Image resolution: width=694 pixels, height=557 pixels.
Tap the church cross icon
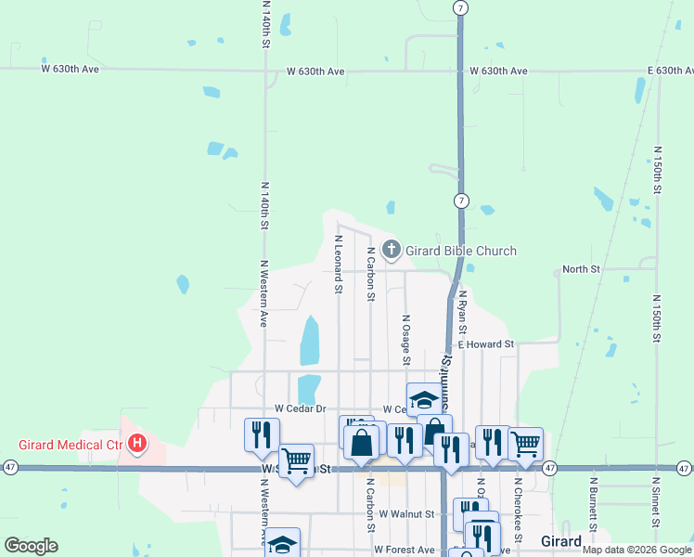(x=392, y=249)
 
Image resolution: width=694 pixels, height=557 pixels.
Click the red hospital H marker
(x=137, y=444)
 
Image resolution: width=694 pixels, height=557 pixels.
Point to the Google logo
(x=32, y=546)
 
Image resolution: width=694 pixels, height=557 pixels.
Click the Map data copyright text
(x=637, y=550)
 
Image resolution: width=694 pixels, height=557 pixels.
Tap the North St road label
(x=582, y=269)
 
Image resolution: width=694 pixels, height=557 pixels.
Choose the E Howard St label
(x=486, y=344)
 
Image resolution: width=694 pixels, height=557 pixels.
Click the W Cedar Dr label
(x=301, y=408)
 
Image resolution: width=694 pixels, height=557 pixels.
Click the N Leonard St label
(x=338, y=264)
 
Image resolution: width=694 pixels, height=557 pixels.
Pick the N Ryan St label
(x=462, y=312)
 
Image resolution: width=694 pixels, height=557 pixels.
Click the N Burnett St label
(x=592, y=510)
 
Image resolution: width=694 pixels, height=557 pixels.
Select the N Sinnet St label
(x=656, y=509)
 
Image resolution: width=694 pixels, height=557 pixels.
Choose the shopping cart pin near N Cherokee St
(x=524, y=444)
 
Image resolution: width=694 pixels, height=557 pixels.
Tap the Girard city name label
(x=560, y=541)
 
